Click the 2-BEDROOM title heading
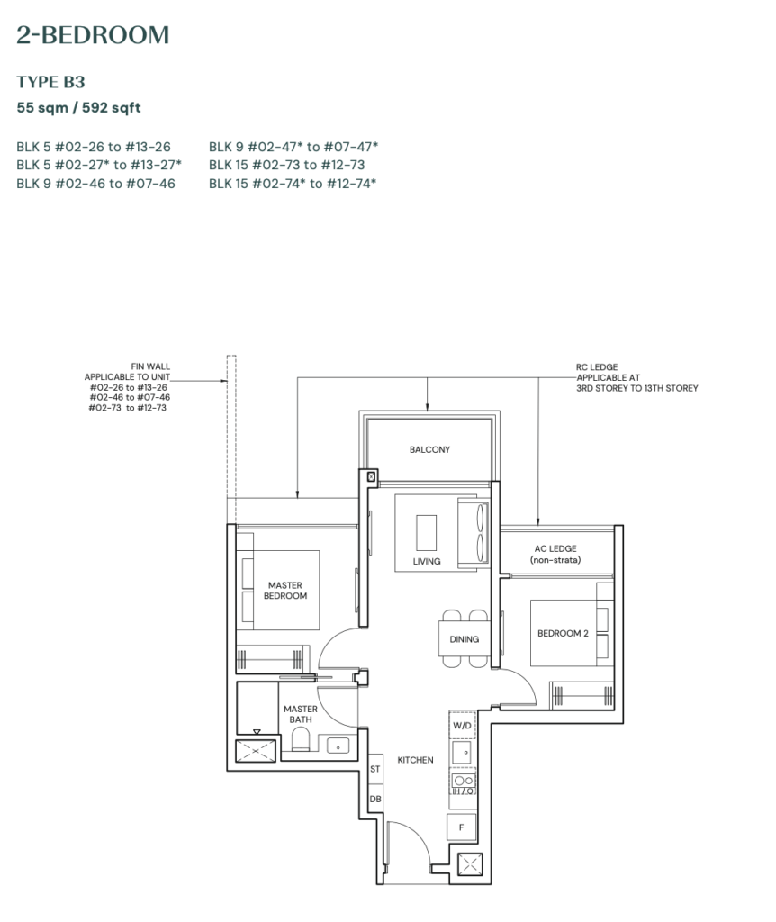click(x=93, y=36)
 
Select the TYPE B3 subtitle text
click(x=50, y=82)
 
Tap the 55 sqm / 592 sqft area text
click(x=78, y=108)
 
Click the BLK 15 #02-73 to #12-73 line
click(x=286, y=165)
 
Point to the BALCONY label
click(x=429, y=449)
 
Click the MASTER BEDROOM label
click(x=285, y=591)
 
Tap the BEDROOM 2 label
click(x=563, y=633)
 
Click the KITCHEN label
click(x=415, y=760)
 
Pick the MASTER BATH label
click(x=301, y=714)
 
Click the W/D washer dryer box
click(x=462, y=725)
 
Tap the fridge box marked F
click(x=462, y=827)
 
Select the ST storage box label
click(x=374, y=769)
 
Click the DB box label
click(x=374, y=799)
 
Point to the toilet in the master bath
click(x=302, y=741)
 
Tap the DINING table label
click(x=465, y=639)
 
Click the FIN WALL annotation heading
click(x=150, y=366)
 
